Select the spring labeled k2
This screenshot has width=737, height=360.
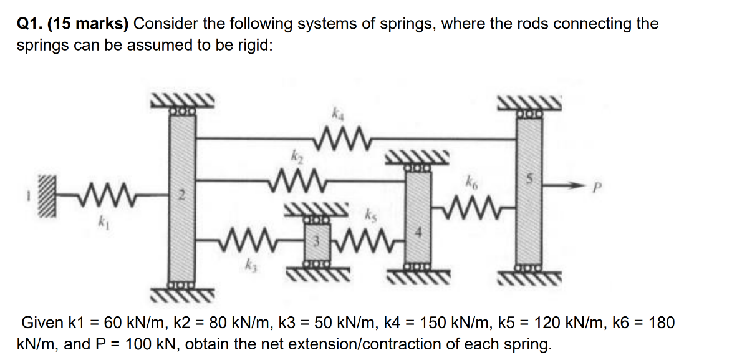(x=296, y=181)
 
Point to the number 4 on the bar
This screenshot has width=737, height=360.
(x=418, y=235)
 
